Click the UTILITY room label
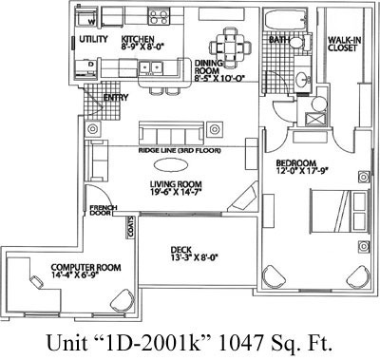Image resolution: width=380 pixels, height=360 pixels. [x=93, y=39]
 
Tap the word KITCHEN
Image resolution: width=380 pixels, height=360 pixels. [x=138, y=39]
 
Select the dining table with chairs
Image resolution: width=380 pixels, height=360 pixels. [x=230, y=43]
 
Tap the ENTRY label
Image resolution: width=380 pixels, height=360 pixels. [x=118, y=96]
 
